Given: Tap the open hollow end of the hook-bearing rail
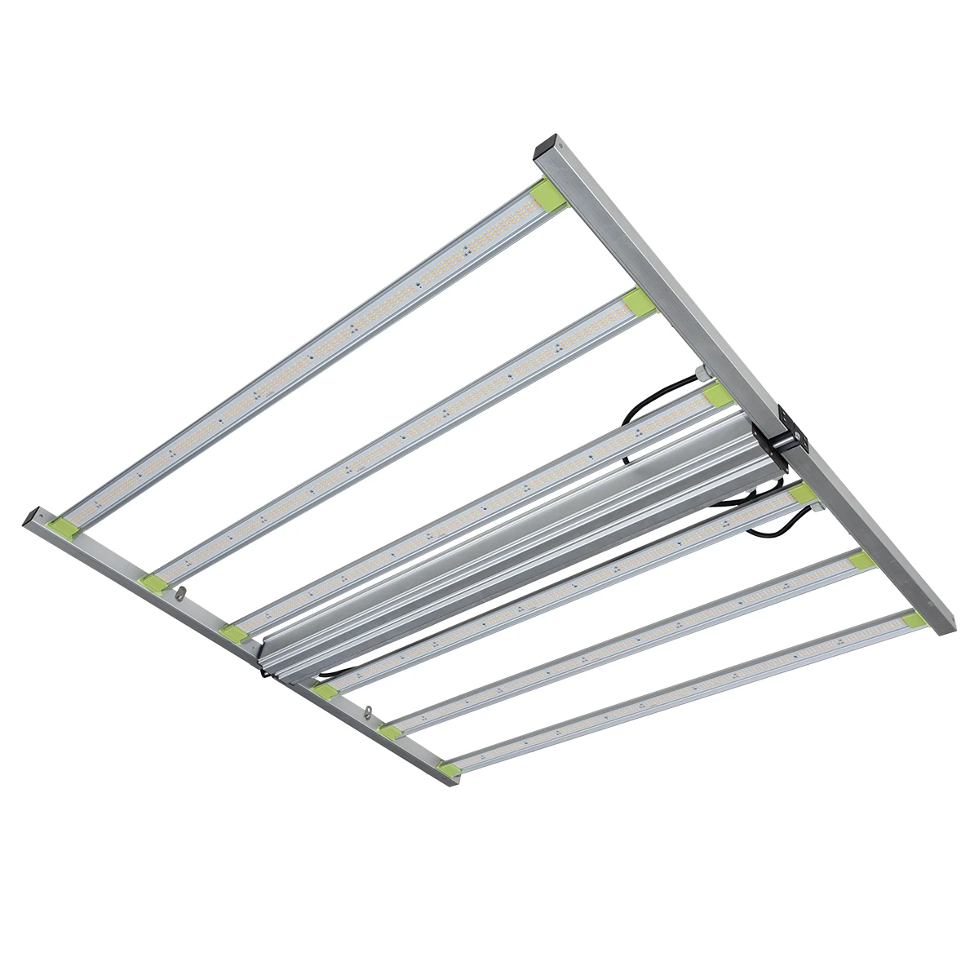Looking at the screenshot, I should click(32, 516).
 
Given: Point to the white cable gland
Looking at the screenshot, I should click(700, 374).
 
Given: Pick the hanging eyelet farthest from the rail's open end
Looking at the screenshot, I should click(369, 711).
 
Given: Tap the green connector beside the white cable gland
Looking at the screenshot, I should click(718, 395).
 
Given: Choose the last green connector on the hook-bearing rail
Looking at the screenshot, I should click(447, 764).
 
